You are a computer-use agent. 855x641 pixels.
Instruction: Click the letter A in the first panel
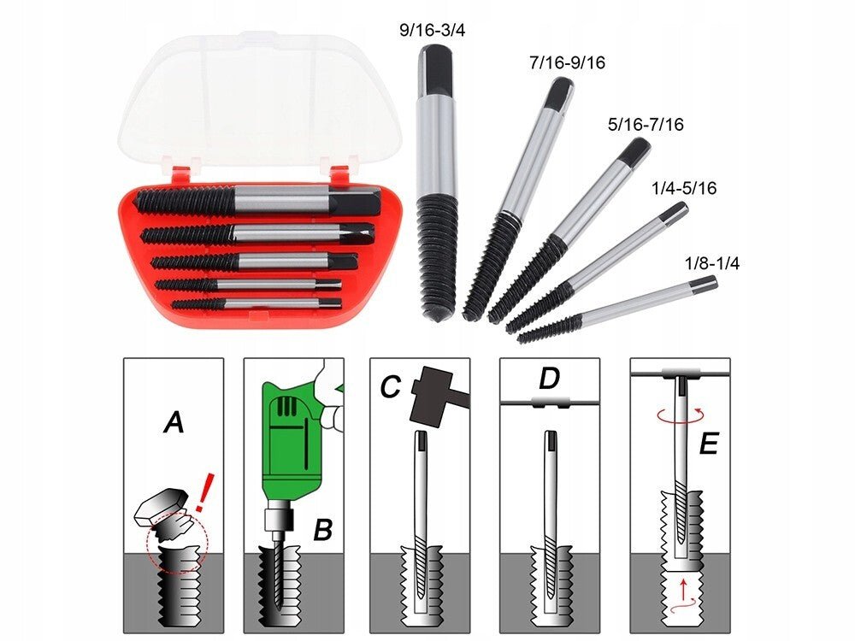pos(174,422)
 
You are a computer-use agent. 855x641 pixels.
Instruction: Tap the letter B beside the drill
pos(321,530)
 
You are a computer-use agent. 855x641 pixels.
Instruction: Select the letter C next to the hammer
pos(390,388)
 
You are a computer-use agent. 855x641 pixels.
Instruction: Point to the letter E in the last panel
pos(708,445)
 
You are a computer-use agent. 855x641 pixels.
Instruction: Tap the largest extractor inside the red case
pos(256,201)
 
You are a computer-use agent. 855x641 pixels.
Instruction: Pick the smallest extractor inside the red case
pos(256,303)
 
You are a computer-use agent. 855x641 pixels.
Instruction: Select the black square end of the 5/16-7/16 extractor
pos(634,152)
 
